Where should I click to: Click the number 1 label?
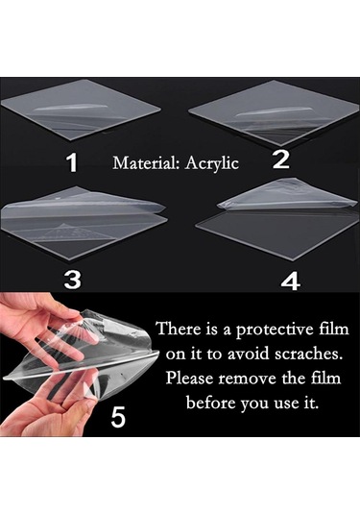[72, 162]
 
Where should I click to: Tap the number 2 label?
[281, 159]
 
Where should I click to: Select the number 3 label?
[72, 280]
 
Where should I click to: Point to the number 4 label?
[291, 281]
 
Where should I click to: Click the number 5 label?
[118, 417]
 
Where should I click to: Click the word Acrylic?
[211, 163]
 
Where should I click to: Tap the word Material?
[146, 163]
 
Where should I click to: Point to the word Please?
[190, 378]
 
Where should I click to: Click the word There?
[179, 329]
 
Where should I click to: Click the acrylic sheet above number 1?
[81, 110]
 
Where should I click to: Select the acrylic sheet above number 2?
[275, 113]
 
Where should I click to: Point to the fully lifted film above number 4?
[287, 193]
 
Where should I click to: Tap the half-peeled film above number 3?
[84, 204]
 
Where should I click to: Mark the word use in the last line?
[285, 404]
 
